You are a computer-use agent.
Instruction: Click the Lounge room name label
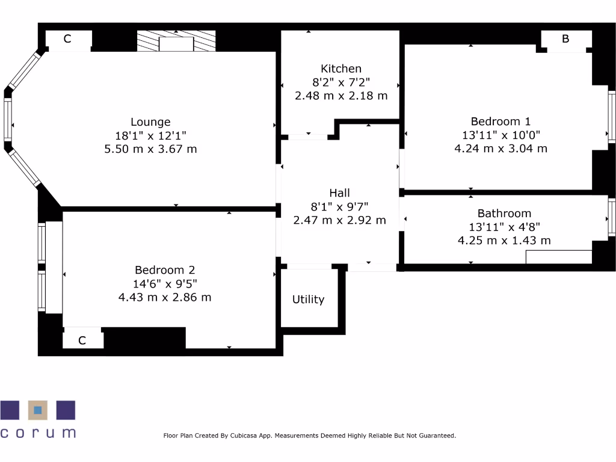point(150,122)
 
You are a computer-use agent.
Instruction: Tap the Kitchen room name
point(341,69)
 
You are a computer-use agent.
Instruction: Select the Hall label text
point(339,193)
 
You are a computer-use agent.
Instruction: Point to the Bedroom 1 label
point(500,122)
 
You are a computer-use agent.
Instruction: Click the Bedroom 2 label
point(165,270)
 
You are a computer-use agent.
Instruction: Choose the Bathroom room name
point(504,214)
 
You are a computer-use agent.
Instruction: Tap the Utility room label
point(308,300)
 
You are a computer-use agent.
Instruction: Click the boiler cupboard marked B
point(565,39)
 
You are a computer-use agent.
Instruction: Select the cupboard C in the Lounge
point(67,39)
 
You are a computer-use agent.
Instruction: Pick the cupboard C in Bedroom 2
point(82,340)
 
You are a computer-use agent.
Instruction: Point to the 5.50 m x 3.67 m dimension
point(150,149)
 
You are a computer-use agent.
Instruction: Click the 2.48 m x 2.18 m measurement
point(341,96)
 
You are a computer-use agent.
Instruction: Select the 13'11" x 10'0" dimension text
point(500,135)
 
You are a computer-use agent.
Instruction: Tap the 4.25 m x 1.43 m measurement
point(504,241)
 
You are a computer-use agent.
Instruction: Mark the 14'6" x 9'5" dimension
point(165,283)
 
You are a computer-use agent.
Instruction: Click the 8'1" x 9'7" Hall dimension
point(339,206)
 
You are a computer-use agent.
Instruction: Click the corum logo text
point(38,433)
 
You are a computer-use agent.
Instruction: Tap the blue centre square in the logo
point(38,410)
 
